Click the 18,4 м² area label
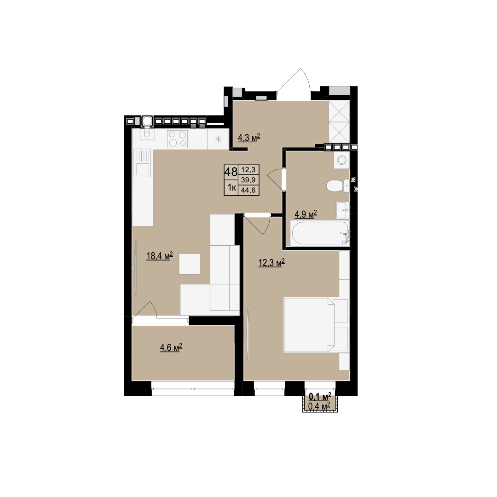pyautogui.click(x=159, y=256)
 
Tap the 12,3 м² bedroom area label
pyautogui.click(x=272, y=263)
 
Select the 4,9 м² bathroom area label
pyautogui.click(x=306, y=214)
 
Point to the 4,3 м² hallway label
pyautogui.click(x=249, y=138)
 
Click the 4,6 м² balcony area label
pyautogui.click(x=171, y=348)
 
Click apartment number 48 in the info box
pyautogui.click(x=231, y=172)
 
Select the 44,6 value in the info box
pyautogui.click(x=248, y=190)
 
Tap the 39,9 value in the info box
pyautogui.click(x=248, y=180)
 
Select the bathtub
pyautogui.click(x=320, y=233)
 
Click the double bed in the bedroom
pyautogui.click(x=316, y=325)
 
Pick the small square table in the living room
pyautogui.click(x=190, y=264)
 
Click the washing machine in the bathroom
pyautogui.click(x=341, y=160)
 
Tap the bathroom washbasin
pyautogui.click(x=343, y=210)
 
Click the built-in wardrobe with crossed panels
pyautogui.click(x=339, y=121)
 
